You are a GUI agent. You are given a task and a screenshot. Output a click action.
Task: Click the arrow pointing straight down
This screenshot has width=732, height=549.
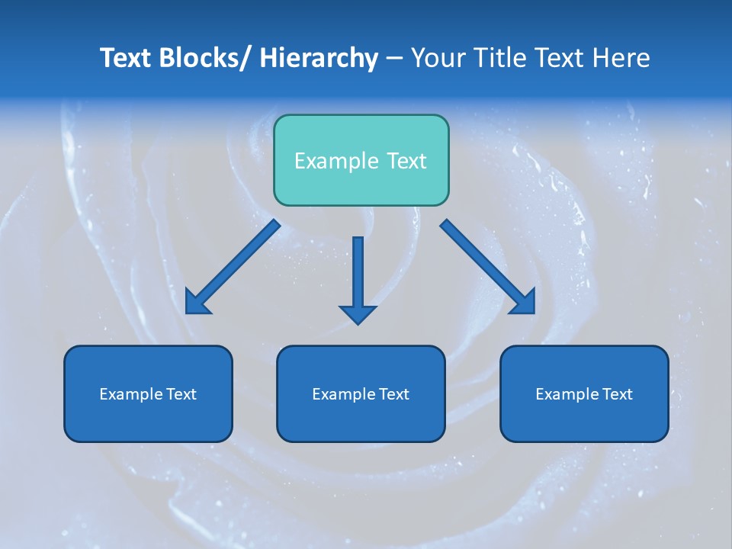(x=358, y=278)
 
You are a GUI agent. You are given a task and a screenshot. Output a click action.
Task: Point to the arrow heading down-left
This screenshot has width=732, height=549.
(x=233, y=267)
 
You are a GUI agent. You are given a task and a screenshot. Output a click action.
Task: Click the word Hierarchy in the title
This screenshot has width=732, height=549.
(x=319, y=58)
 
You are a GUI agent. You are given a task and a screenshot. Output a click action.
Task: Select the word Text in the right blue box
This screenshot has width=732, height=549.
(x=617, y=394)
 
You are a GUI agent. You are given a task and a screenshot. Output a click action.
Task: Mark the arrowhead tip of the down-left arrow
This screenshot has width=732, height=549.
(x=187, y=313)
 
